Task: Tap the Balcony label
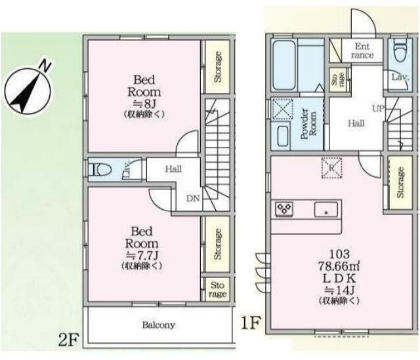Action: tap(159, 325)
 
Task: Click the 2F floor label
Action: tap(68, 340)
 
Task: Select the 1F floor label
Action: tap(251, 323)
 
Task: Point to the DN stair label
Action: tap(193, 198)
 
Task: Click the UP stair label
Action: tap(378, 108)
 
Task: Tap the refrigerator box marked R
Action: tap(331, 168)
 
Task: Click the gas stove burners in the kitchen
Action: tap(284, 209)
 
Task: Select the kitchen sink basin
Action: tap(326, 209)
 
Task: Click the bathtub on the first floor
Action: tap(284, 65)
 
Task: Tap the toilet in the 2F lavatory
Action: tap(100, 169)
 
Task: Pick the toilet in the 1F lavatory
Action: tap(400, 50)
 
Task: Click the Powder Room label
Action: tap(308, 124)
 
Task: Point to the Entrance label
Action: tap(362, 50)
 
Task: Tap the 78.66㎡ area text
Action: tap(339, 266)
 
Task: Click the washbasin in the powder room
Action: tap(283, 136)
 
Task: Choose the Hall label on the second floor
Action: tap(173, 169)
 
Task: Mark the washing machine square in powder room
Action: tap(283, 109)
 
